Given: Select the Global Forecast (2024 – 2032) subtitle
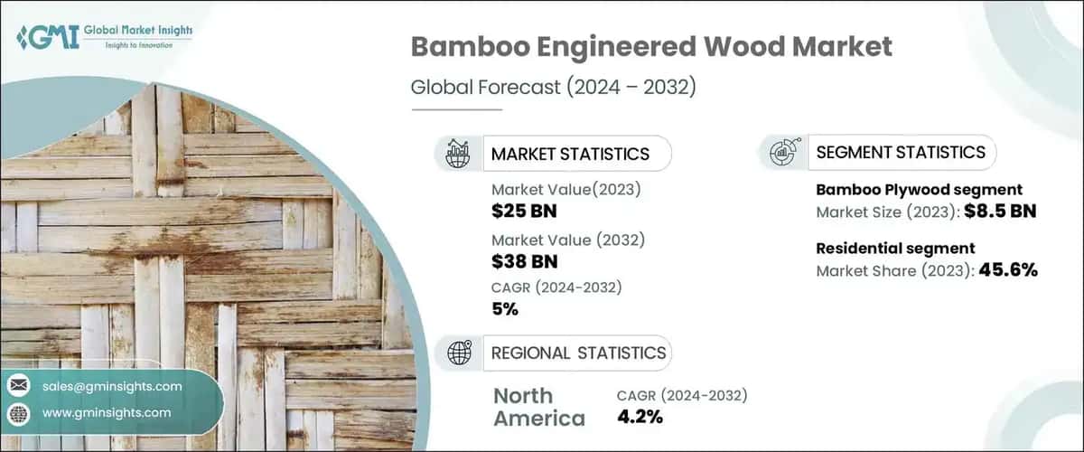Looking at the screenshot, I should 553,88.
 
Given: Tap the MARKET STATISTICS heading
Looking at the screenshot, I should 570,154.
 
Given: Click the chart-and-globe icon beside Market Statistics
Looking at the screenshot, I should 458,154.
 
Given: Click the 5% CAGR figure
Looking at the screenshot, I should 505,309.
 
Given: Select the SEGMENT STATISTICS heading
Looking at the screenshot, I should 901,152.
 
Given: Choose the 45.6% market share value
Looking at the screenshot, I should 1006,269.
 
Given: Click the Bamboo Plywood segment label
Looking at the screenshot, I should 919,190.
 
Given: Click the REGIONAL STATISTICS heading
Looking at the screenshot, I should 578,353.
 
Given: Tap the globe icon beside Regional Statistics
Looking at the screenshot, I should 458,353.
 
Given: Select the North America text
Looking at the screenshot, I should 538,407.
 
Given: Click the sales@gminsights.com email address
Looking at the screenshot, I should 112,386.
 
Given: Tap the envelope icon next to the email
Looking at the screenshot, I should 18,386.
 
